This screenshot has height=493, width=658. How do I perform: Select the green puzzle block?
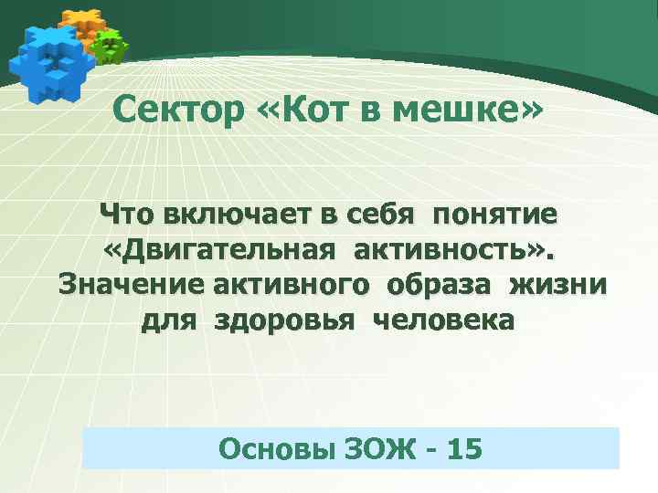(110, 47)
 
